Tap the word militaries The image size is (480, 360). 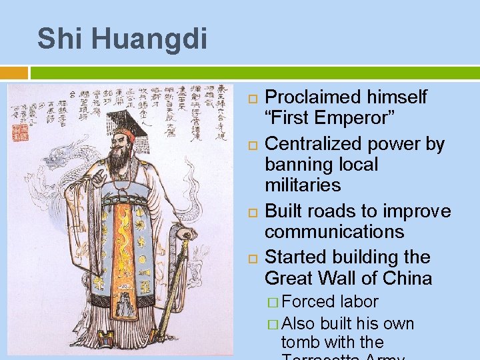302,185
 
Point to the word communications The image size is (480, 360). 334,232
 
